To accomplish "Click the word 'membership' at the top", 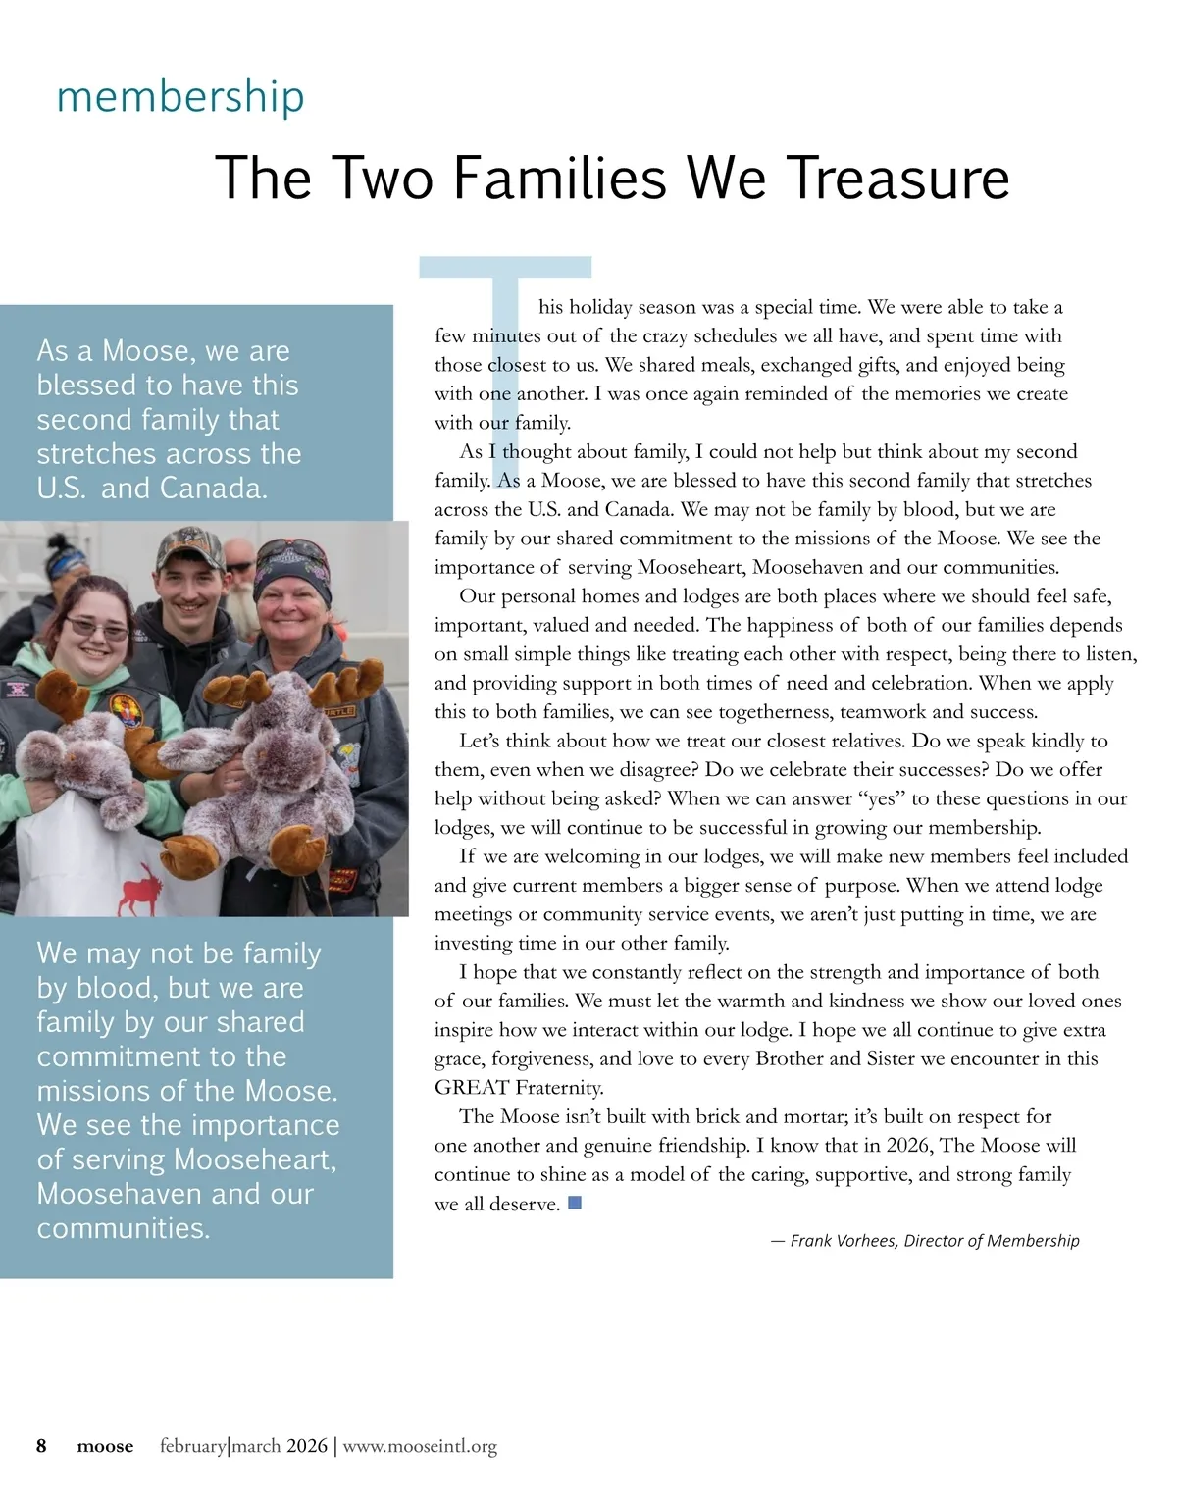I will click(180, 97).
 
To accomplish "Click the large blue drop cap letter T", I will click(506, 334).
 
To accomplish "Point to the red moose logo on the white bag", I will click(139, 887).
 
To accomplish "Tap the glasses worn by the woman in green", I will click(96, 629).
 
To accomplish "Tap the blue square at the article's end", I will click(575, 1202).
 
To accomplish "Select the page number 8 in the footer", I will click(41, 1446).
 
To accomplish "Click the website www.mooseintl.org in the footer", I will click(420, 1446).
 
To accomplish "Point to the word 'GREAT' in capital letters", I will click(471, 1088).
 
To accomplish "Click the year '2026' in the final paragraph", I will click(907, 1146).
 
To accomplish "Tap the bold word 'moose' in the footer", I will click(105, 1447).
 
